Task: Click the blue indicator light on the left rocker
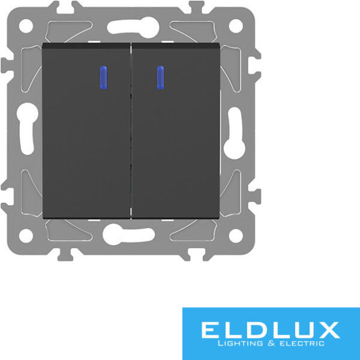[104, 77]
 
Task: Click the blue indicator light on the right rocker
[160, 77]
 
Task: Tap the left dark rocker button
[86, 131]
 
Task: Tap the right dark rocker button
[176, 131]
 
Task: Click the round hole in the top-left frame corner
[26, 26]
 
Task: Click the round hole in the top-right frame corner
[236, 26]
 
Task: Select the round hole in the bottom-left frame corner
[26, 236]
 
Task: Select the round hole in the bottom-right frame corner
[236, 236]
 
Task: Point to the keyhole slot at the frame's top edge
[133, 28]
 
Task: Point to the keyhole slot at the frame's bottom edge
[128, 234]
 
